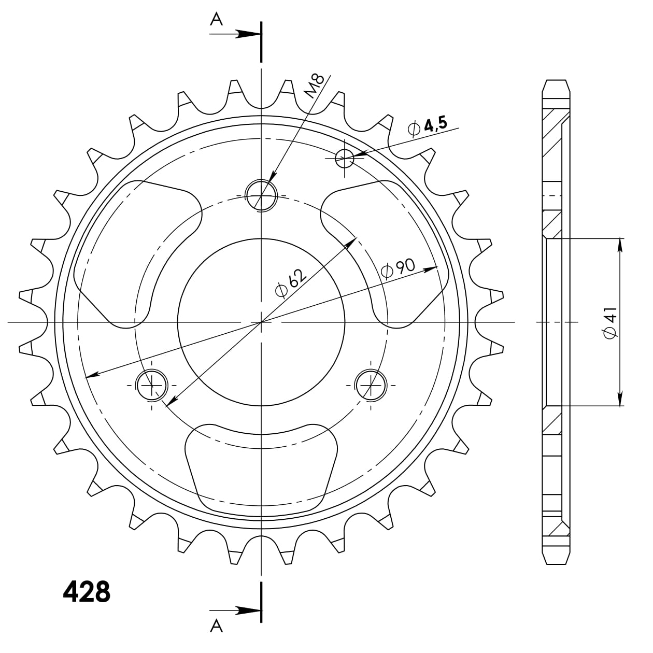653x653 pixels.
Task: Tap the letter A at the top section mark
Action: click(x=216, y=19)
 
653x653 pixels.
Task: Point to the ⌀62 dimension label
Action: click(x=291, y=283)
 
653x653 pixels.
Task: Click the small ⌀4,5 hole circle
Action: click(x=344, y=158)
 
